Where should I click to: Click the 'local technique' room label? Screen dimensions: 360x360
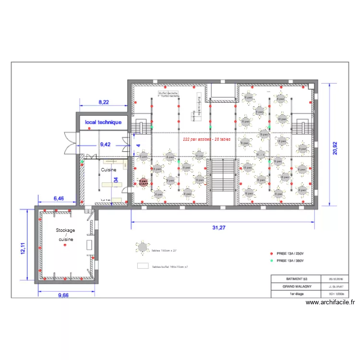point(103,122)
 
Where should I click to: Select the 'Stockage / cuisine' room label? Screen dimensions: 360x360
point(65,235)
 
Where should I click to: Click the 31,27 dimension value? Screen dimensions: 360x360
point(218,228)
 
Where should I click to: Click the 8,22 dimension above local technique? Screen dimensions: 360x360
point(104,102)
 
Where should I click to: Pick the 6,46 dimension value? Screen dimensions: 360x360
point(58,198)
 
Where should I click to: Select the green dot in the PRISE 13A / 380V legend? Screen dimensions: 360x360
point(271,261)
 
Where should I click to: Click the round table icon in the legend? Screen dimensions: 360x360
point(143,247)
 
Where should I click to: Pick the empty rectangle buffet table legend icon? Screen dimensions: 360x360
point(143,266)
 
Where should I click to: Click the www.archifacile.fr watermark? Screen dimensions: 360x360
point(330,302)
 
